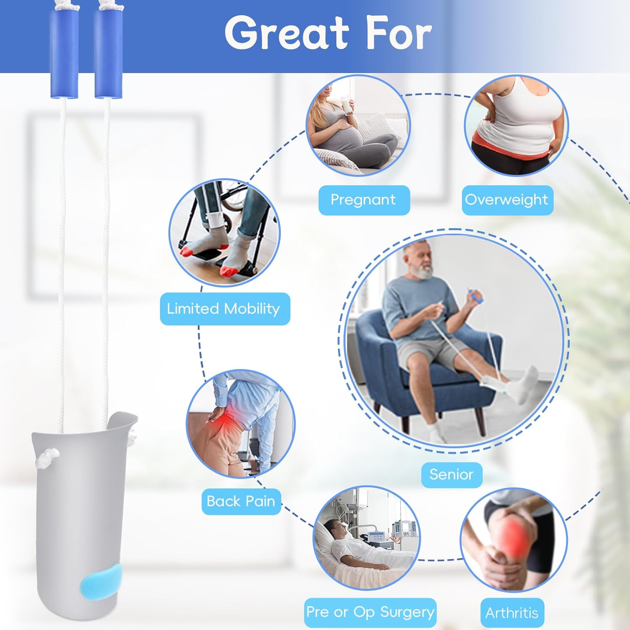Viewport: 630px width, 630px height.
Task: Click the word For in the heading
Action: [x=399, y=34]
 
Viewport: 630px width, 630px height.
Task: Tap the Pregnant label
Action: [x=363, y=200]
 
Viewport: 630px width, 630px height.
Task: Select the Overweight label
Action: [x=507, y=200]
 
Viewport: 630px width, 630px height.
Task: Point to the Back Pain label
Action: [x=241, y=501]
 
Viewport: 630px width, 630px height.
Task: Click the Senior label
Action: [x=451, y=475]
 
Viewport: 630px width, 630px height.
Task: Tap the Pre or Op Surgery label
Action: [x=370, y=612]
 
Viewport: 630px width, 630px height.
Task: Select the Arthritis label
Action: [x=512, y=613]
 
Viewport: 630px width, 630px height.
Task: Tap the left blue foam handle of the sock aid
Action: [x=64, y=54]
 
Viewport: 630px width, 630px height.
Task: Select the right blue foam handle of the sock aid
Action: [x=108, y=54]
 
